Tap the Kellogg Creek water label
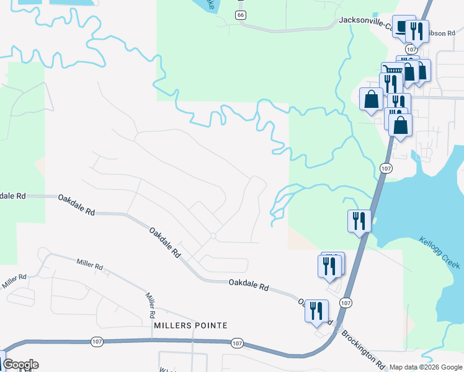(x=439, y=252)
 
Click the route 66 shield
(x=240, y=14)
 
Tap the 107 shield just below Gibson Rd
(x=411, y=48)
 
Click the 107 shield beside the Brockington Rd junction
(x=346, y=301)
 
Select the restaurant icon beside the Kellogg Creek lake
(x=359, y=221)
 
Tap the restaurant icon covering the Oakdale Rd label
(x=316, y=310)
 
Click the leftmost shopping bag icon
(x=371, y=99)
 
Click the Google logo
(x=20, y=365)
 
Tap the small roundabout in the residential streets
(x=213, y=236)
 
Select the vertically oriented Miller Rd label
(x=149, y=303)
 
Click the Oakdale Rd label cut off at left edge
(x=12, y=195)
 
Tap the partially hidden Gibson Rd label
(x=442, y=33)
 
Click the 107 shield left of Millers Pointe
(x=97, y=341)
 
